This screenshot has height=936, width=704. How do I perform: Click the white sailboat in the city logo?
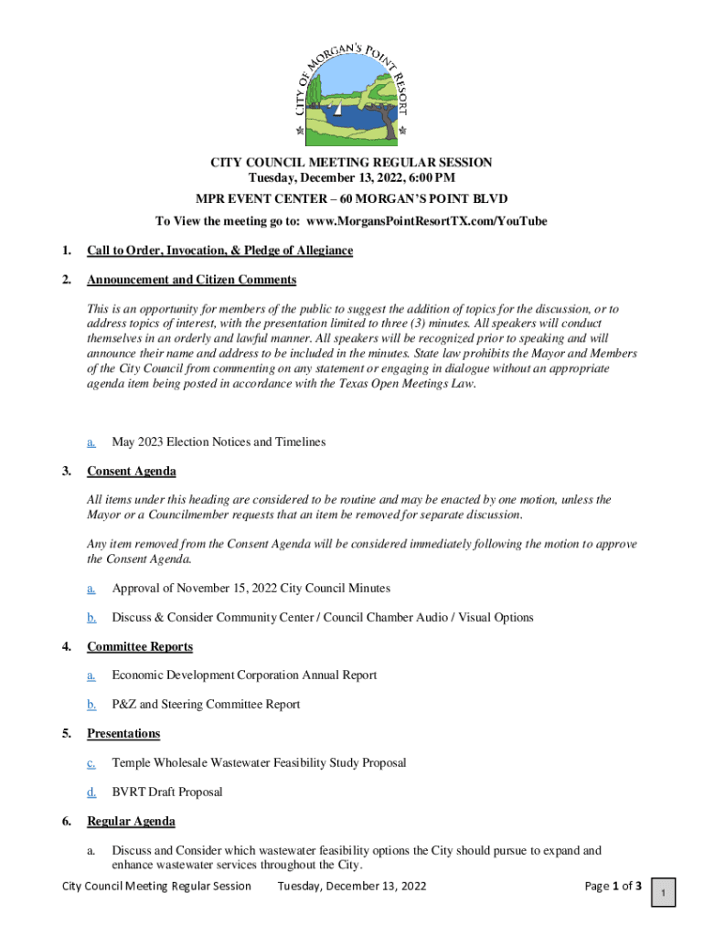tap(338, 109)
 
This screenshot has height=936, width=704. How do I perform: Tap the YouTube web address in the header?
tap(427, 220)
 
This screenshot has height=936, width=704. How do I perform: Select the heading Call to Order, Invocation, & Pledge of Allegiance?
tap(219, 250)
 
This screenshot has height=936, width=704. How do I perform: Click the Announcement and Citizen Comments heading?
tap(191, 280)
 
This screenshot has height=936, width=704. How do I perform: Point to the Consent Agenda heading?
tap(131, 471)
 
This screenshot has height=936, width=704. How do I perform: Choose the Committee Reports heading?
tap(140, 646)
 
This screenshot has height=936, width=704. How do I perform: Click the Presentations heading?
tap(123, 733)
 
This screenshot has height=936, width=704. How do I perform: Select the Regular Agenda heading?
tap(131, 821)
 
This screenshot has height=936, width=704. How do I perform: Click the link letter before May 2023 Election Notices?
tap(91, 441)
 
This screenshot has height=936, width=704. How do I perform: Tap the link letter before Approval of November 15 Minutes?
tap(91, 588)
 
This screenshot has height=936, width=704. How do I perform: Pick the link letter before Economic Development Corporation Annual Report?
tap(91, 675)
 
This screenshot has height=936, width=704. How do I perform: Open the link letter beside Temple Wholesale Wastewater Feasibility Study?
tap(91, 762)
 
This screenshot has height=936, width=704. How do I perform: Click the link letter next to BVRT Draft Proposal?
tap(91, 792)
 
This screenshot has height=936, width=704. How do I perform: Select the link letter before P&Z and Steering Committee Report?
tap(91, 704)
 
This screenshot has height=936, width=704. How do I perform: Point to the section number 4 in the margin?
tap(67, 646)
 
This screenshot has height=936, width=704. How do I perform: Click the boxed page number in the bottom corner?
tap(664, 892)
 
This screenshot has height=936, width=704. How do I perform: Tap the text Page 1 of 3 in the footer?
tap(613, 886)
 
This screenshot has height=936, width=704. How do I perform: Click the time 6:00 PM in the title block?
tap(428, 177)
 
